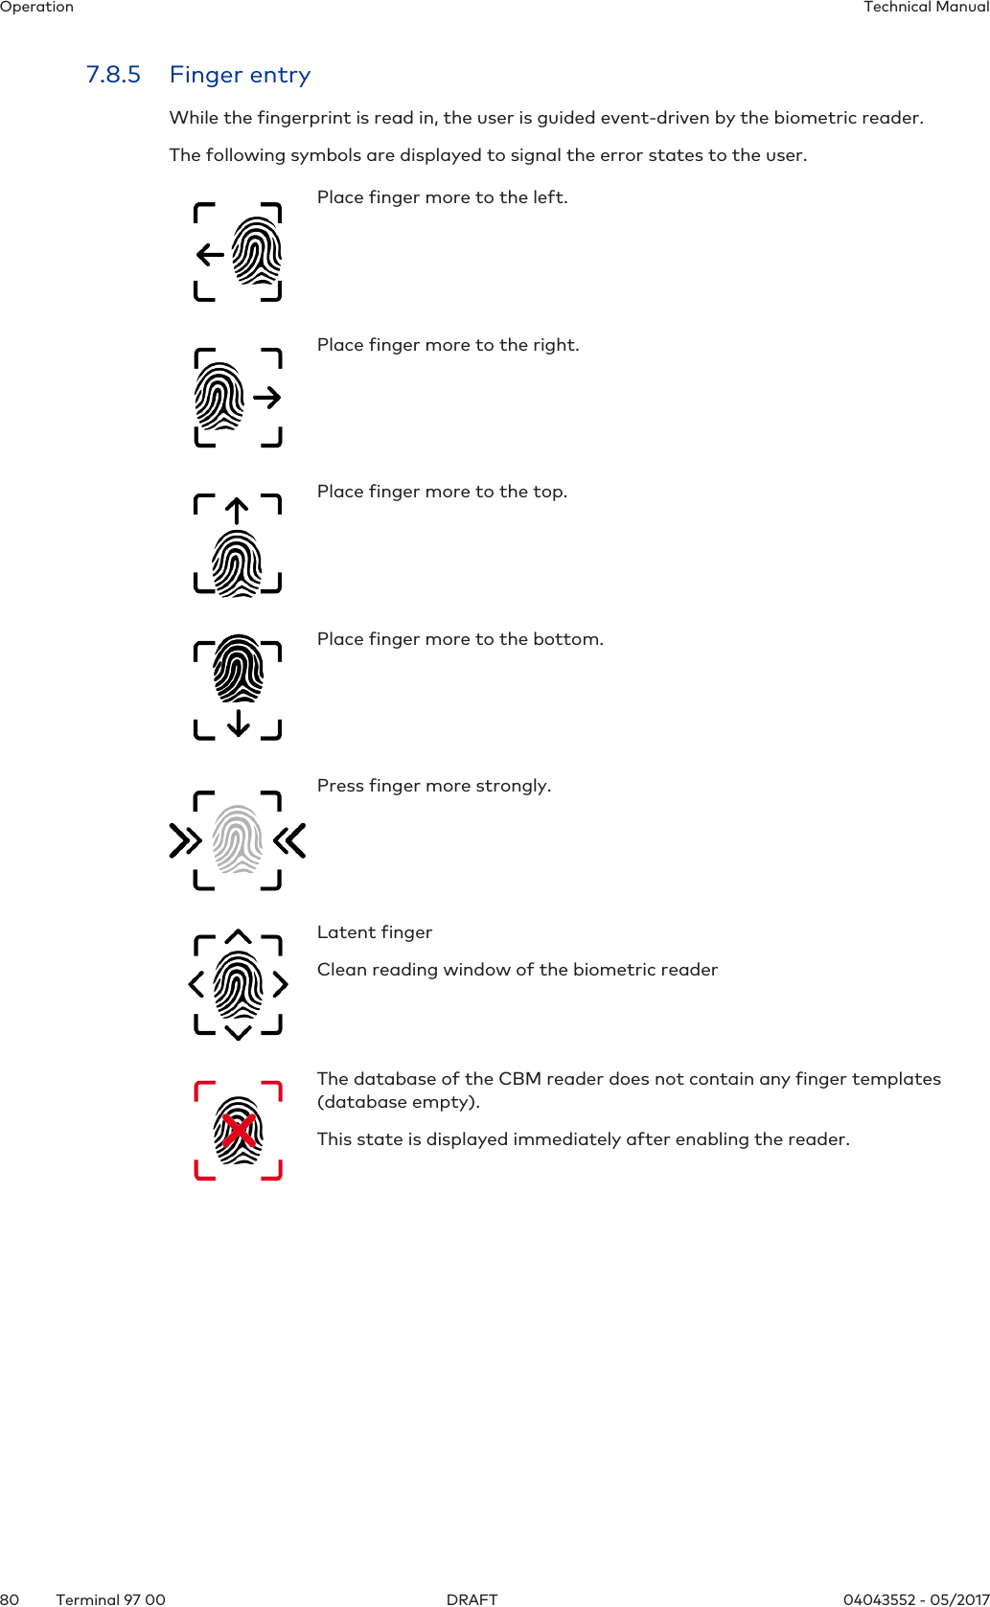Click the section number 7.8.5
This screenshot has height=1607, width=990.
(x=113, y=75)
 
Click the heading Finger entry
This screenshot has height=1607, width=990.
(x=240, y=75)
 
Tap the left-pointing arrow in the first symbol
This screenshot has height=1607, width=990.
(x=210, y=255)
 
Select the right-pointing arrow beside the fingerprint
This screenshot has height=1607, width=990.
(x=267, y=397)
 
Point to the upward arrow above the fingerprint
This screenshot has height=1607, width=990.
(x=237, y=510)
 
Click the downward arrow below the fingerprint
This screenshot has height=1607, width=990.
(x=239, y=723)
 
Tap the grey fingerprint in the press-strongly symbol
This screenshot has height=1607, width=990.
(x=237, y=839)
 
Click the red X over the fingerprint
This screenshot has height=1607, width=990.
(x=239, y=1131)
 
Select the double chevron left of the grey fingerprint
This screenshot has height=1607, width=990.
(x=185, y=840)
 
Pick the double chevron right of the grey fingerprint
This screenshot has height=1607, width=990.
(x=289, y=840)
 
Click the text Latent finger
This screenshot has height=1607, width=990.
(x=375, y=932)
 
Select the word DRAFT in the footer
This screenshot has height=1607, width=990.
(x=472, y=1599)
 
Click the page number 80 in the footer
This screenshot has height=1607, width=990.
(x=10, y=1599)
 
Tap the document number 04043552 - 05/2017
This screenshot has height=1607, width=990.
(x=915, y=1599)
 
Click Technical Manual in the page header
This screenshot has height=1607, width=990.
(x=926, y=7)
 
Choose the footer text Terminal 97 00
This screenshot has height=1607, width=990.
(x=110, y=1599)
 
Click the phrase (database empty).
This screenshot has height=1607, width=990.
(x=399, y=1102)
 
